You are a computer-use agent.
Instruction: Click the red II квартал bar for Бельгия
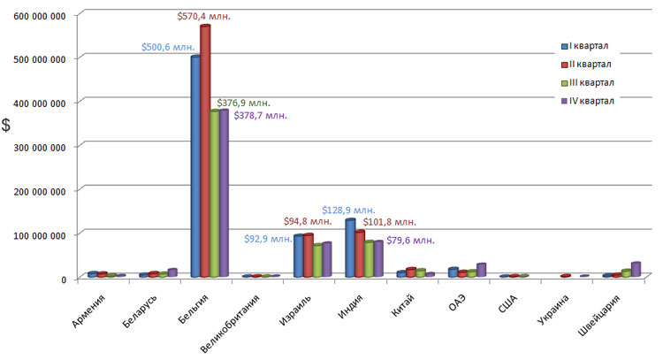(205, 150)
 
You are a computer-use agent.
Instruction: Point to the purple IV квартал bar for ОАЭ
(481, 270)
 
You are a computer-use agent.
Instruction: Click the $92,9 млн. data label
(268, 238)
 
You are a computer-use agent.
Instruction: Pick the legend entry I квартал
(589, 46)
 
